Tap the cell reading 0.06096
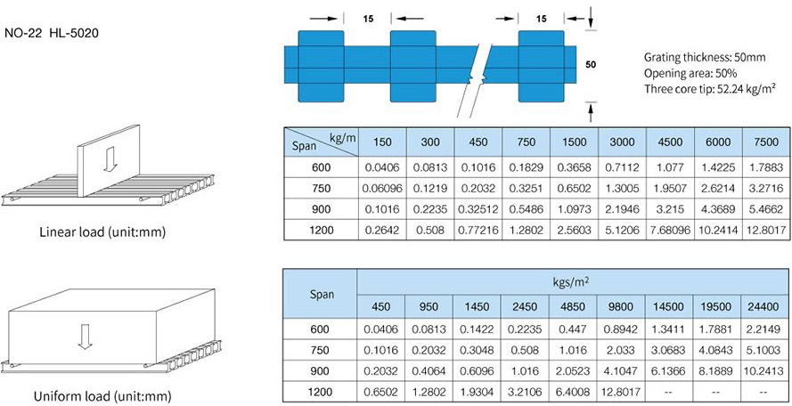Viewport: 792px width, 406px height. tap(382, 187)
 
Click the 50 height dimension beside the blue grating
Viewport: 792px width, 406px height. tap(590, 64)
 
